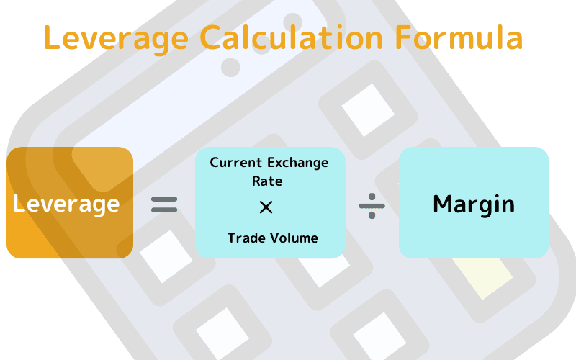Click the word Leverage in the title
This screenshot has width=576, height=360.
(x=116, y=39)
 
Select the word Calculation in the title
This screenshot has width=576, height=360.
(x=292, y=37)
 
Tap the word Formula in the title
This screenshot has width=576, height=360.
(x=459, y=37)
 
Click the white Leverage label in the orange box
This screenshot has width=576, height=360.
(x=66, y=204)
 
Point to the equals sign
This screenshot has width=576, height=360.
(x=164, y=204)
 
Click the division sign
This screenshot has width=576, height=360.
(x=372, y=206)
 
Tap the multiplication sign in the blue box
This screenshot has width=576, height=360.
(x=266, y=207)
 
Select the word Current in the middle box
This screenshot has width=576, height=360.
(x=236, y=163)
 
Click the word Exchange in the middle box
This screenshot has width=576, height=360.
(x=298, y=163)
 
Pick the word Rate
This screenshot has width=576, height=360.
(x=267, y=181)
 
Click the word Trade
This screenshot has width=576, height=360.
(x=246, y=238)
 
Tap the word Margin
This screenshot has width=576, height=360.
(x=474, y=204)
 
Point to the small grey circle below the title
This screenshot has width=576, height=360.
(x=230, y=68)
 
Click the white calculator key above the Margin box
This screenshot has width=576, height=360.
(x=368, y=110)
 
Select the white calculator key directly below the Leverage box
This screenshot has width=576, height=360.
(x=166, y=256)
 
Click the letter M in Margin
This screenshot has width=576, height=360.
(x=444, y=204)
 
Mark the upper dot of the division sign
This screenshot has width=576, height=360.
(x=372, y=197)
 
